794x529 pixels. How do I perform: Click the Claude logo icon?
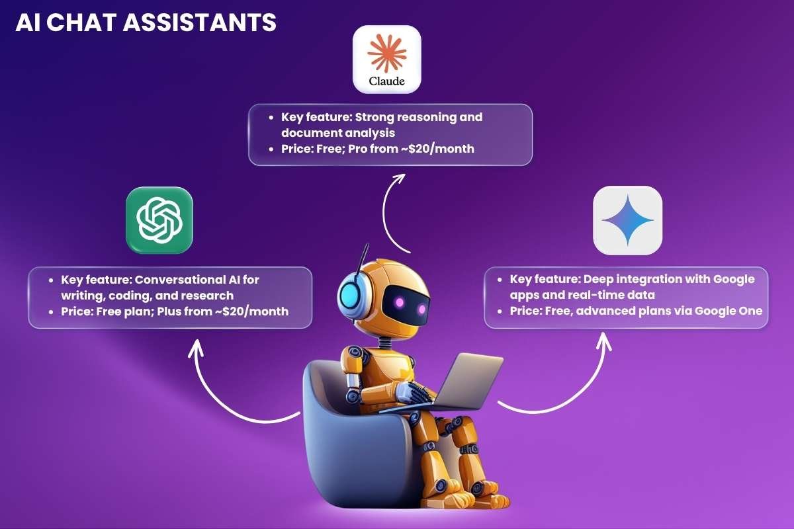387,59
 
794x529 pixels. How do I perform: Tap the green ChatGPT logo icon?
159,220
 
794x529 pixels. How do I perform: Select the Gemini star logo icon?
627,220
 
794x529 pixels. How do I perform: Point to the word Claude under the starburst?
387,82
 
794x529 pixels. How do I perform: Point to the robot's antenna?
361,261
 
